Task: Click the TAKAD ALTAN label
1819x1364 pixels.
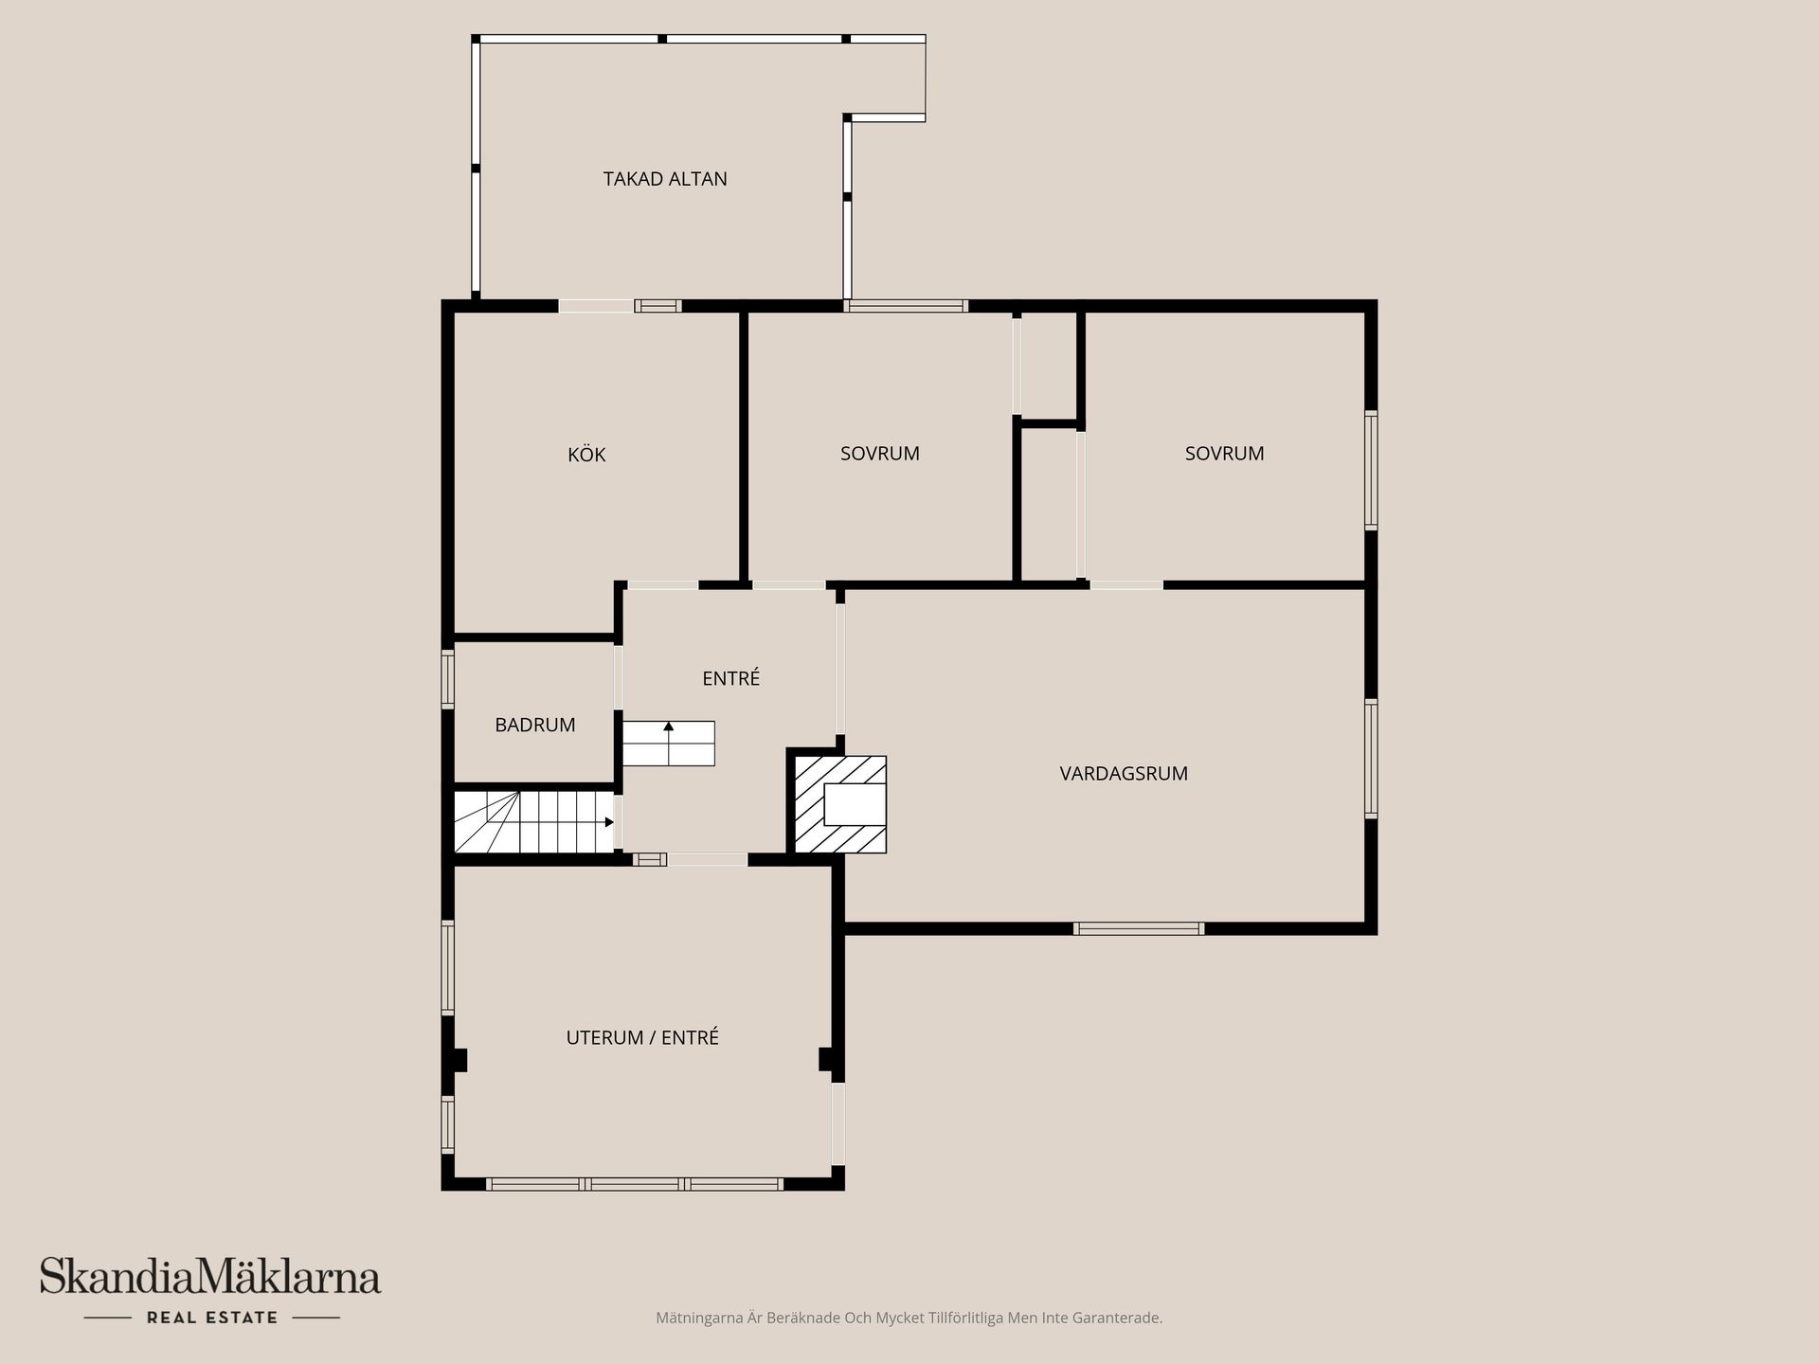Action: [x=665, y=179]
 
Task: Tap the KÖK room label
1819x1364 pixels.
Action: [x=586, y=455]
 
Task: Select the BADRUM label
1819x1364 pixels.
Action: [x=534, y=725]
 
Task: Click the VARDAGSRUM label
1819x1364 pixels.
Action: [x=1124, y=773]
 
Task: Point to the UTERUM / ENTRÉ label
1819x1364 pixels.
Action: [x=642, y=1037]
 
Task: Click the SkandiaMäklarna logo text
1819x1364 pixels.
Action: [x=210, y=1277]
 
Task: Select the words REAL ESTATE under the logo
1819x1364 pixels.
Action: [x=212, y=1318]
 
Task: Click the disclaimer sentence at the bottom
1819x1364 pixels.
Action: [x=909, y=1318]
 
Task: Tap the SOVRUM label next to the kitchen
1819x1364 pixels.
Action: [x=879, y=453]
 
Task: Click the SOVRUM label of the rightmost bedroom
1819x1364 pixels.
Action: [x=1224, y=453]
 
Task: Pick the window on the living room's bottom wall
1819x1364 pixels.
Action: [x=1139, y=928]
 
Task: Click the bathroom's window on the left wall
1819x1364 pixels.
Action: [x=448, y=678]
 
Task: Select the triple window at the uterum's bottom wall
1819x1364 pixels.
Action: [x=635, y=1184]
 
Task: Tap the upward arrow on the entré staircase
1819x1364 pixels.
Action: [x=669, y=727]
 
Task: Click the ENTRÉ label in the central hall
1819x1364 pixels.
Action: [x=730, y=678]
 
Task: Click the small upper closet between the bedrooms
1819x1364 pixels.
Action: [x=1048, y=364]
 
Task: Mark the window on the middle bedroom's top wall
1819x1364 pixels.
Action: [x=906, y=306]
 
